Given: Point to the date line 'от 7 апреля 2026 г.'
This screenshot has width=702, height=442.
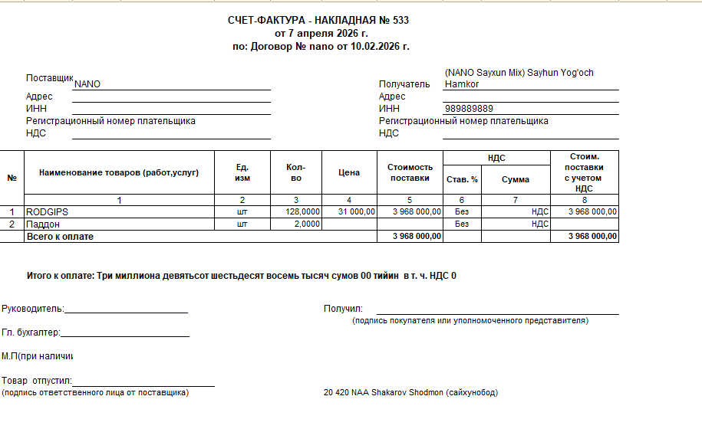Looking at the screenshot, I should click(x=321, y=34).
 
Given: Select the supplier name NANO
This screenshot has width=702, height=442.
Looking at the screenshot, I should click(x=87, y=84).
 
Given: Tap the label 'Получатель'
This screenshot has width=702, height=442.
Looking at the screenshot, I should click(x=404, y=84).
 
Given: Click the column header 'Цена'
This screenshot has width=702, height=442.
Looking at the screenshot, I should click(x=349, y=172).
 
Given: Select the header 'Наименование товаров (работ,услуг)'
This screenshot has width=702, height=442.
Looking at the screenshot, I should click(x=119, y=172).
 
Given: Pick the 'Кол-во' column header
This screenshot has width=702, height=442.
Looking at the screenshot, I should click(x=296, y=172).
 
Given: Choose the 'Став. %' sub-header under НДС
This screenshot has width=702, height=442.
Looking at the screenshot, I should click(x=462, y=179).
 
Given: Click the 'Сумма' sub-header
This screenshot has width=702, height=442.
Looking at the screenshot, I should click(x=516, y=179).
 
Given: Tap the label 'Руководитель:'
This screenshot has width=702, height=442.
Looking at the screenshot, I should click(x=33, y=309).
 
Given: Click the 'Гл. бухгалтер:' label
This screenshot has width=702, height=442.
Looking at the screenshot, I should click(x=31, y=332).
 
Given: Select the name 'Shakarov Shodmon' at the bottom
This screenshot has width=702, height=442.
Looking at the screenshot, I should click(x=407, y=393).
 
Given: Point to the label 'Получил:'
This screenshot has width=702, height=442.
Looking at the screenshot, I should click(x=343, y=309).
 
